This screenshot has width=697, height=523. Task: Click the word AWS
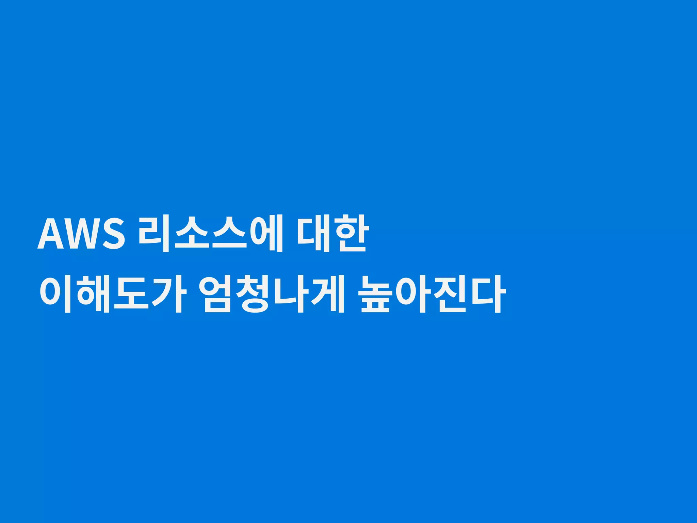click(x=81, y=234)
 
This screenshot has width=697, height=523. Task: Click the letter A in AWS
click(x=51, y=234)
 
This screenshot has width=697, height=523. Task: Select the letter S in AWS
click(x=113, y=234)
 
